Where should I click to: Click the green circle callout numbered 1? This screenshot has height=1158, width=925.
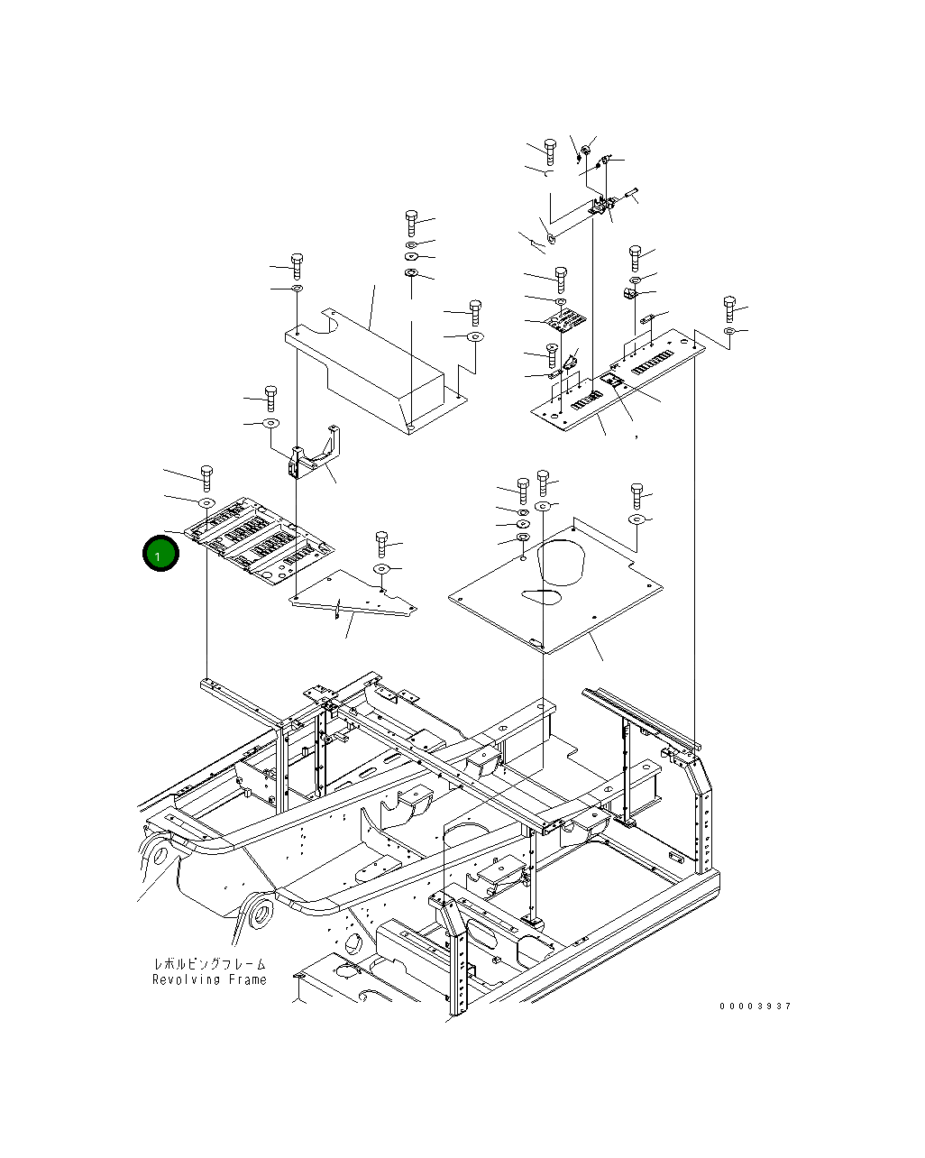coord(160,556)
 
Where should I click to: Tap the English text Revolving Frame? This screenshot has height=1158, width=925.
coord(209,979)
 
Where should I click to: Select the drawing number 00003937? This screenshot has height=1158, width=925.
coord(755,1006)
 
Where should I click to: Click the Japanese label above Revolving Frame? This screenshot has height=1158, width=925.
coord(209,964)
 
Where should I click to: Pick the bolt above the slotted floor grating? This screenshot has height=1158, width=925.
coord(206,477)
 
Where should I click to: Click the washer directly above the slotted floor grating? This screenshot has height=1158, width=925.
coord(205,501)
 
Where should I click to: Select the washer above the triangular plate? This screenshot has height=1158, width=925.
coord(381,569)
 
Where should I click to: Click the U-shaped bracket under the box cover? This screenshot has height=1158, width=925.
coord(314,455)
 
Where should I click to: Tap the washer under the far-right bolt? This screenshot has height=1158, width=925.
coord(729,333)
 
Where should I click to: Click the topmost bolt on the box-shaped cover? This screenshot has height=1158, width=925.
coord(411,220)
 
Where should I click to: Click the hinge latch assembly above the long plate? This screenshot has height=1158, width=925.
coord(601,208)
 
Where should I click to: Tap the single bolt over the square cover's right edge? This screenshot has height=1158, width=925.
coord(637,495)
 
